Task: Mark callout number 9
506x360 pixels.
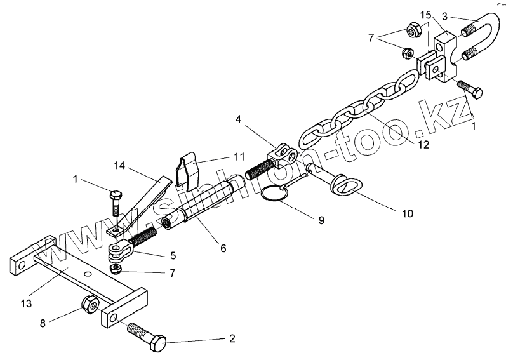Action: pyautogui.click(x=321, y=220)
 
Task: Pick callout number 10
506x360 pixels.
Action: pyautogui.click(x=408, y=213)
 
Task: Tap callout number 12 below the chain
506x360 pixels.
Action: pyautogui.click(x=423, y=144)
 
